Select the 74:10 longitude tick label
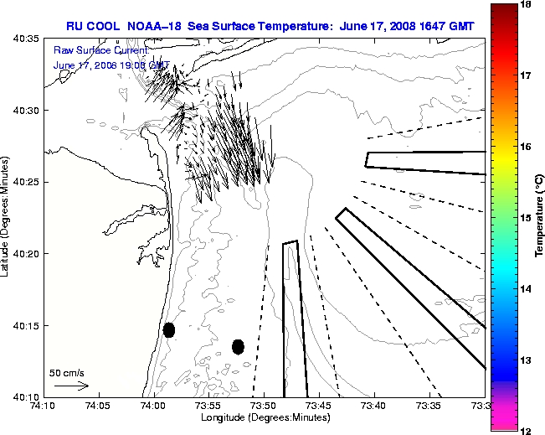(x=43, y=407)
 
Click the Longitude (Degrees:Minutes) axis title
(x=264, y=417)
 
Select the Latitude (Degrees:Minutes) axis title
(x=7, y=217)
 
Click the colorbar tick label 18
(x=528, y=4)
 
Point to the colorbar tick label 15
(x=528, y=218)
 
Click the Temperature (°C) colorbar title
(x=540, y=217)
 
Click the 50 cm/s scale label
(x=67, y=372)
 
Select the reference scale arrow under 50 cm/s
(x=71, y=386)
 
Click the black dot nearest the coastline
(x=169, y=329)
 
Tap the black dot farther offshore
(x=238, y=346)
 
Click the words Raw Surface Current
(x=95, y=51)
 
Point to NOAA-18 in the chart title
(x=152, y=26)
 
